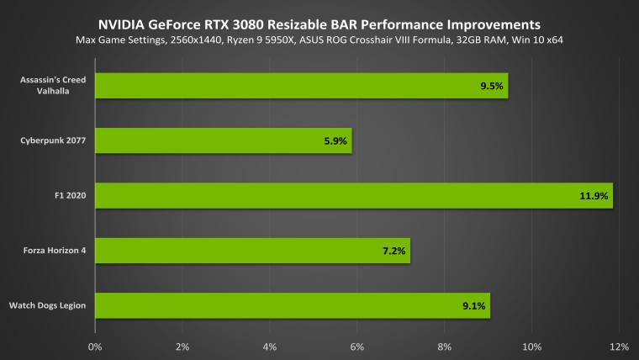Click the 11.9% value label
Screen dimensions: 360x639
tap(592, 196)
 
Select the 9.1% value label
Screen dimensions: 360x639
tap(473, 305)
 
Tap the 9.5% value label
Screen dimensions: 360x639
tap(491, 86)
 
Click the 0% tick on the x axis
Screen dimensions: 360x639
tap(95, 346)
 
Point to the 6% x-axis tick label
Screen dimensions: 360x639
tap(357, 346)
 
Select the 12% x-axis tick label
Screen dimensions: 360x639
tap(619, 346)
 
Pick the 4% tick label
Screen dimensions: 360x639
tap(270, 346)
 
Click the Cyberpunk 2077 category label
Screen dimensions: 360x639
tap(53, 140)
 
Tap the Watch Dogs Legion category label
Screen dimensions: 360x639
tap(47, 305)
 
